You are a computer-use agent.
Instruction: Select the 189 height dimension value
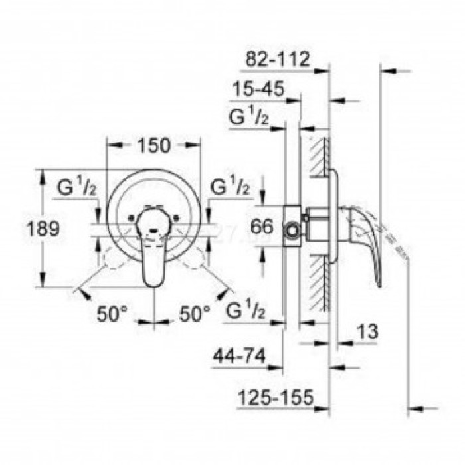coord(45,229)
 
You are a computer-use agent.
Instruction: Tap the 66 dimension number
coord(264,227)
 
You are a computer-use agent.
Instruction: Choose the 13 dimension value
coord(373,330)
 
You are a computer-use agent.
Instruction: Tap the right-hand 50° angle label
coord(195,313)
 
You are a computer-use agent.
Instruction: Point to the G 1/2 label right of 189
coord(78,188)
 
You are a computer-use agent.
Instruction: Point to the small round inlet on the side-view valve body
coord(291,232)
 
